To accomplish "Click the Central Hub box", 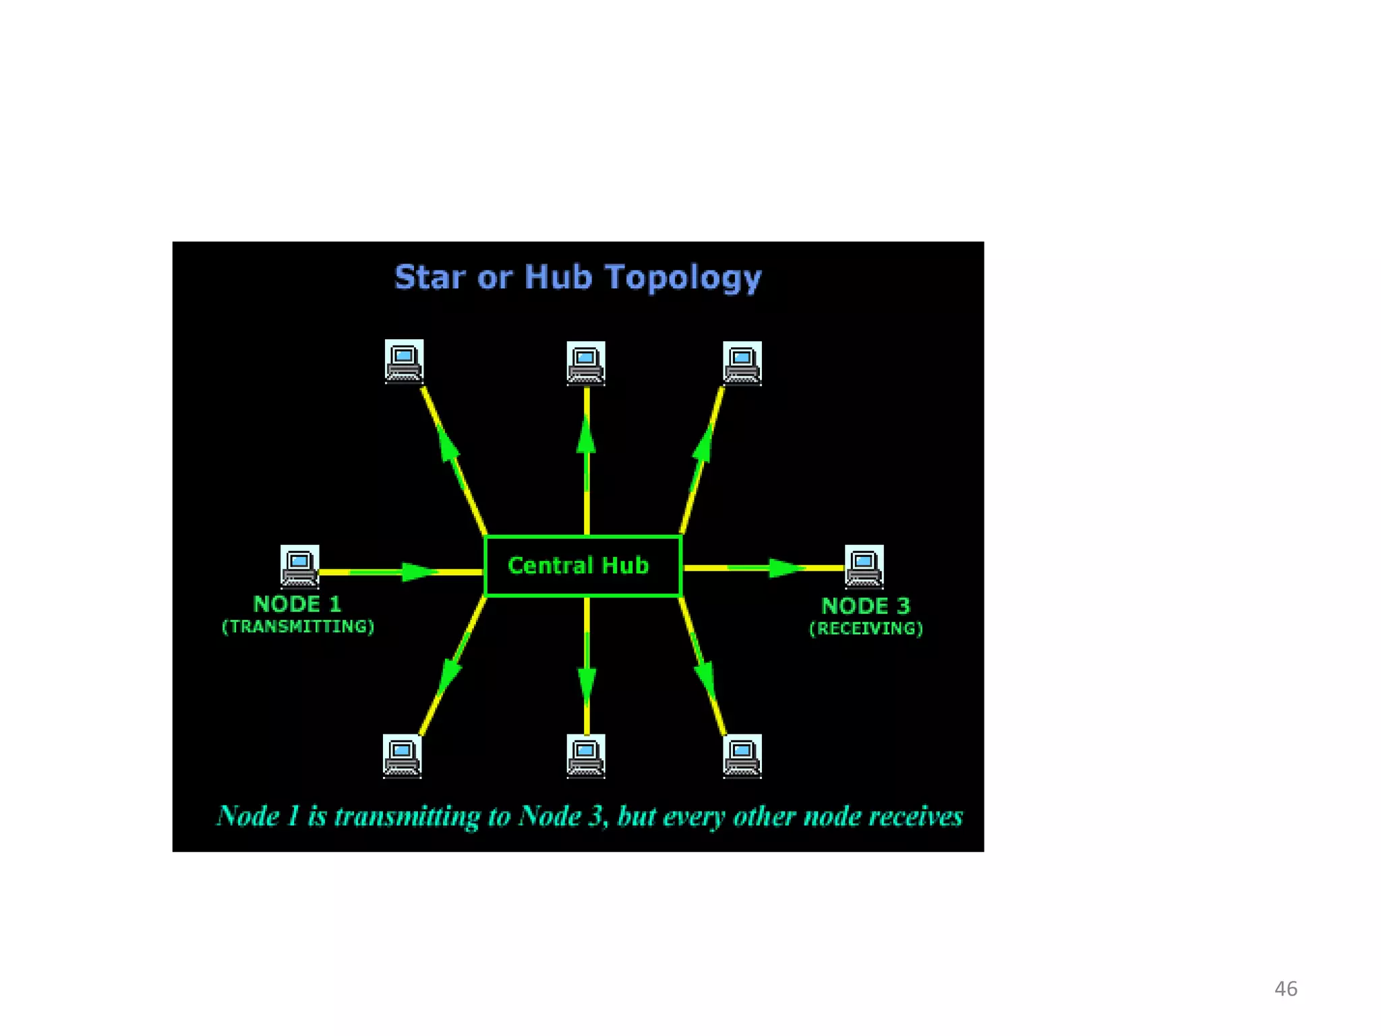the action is click(x=583, y=566).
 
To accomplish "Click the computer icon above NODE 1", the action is click(x=299, y=566).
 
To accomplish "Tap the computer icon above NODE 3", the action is click(x=864, y=566).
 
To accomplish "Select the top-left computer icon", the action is click(x=404, y=361).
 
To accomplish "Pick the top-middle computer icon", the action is click(x=585, y=363).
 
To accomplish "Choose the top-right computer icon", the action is click(x=742, y=363).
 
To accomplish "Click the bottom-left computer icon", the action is click(x=402, y=755).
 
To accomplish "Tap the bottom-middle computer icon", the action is click(x=585, y=755).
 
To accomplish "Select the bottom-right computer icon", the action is click(x=742, y=755).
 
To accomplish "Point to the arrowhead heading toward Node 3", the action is click(x=786, y=568).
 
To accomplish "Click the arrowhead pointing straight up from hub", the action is click(x=586, y=435).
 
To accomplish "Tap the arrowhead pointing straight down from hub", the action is click(x=587, y=685).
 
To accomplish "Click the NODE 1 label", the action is click(x=297, y=604).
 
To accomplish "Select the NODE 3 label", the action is click(x=866, y=606).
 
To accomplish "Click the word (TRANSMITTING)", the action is click(x=298, y=627).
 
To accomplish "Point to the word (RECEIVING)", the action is click(x=866, y=629).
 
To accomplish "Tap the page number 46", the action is click(x=1285, y=989).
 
